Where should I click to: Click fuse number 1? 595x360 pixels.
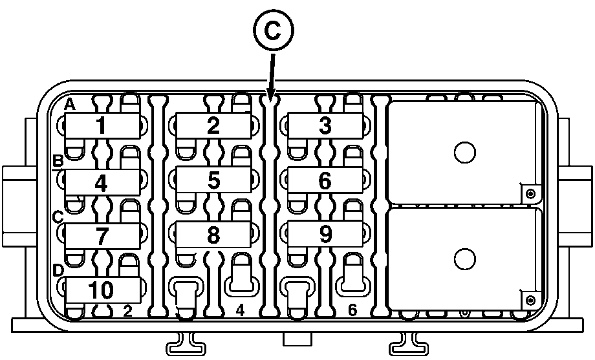102,126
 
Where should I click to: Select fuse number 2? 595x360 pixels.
213,126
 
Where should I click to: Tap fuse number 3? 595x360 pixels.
325,126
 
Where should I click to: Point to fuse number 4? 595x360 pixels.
102,182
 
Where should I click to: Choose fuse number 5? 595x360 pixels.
213,180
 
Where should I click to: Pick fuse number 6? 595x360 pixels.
325,180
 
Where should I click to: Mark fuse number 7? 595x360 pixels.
102,236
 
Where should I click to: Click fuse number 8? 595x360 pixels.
213,235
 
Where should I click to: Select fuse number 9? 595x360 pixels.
325,234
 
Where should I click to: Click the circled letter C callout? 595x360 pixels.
273,30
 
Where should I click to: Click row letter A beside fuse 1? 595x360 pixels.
69,104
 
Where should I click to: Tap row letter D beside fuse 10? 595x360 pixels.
58,271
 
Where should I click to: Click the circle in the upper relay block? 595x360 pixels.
465,153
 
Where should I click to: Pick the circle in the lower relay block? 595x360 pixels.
465,259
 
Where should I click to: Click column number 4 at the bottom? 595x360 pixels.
240,310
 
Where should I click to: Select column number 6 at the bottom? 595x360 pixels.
352,310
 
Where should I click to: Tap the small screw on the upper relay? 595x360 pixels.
531,194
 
